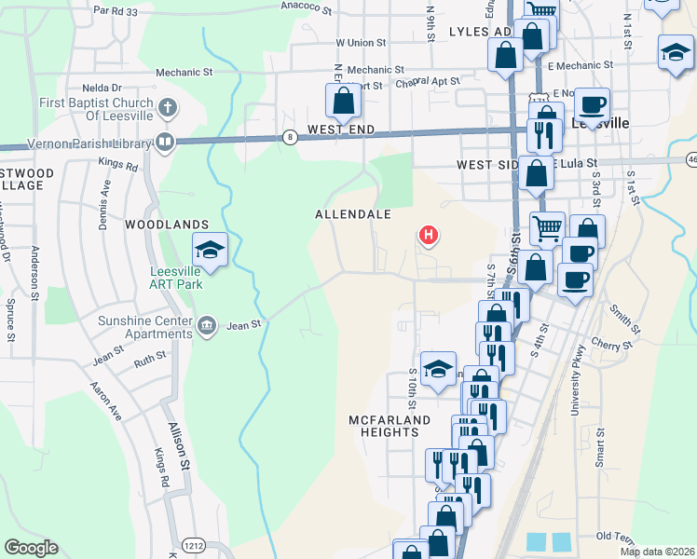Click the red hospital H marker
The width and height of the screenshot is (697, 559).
click(x=428, y=236)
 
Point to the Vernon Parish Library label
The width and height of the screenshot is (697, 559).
click(x=89, y=144)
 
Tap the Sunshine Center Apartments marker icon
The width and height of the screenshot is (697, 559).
click(x=207, y=325)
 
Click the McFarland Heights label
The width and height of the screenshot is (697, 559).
click(x=390, y=426)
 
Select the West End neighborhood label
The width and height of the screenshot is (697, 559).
click(x=341, y=129)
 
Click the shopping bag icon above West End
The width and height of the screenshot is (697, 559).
click(x=342, y=101)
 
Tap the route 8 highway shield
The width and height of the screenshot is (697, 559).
click(x=291, y=137)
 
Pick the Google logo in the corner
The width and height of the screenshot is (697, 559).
click(x=31, y=548)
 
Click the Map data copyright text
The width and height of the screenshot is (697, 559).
click(x=657, y=552)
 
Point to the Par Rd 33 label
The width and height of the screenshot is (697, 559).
click(x=116, y=12)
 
